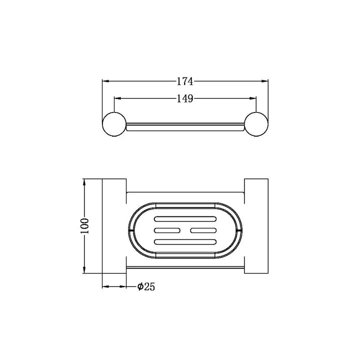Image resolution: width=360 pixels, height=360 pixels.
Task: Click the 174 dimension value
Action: point(185,81)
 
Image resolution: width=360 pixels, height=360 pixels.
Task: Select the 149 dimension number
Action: point(185,98)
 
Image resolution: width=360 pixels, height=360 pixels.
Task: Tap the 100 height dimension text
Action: point(84,226)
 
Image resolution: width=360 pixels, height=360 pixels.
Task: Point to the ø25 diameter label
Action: point(146,286)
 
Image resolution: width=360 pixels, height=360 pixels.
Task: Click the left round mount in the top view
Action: point(114,124)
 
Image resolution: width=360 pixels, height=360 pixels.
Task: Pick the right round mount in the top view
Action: point(256,124)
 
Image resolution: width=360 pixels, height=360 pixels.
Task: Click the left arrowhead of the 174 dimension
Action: point(105,81)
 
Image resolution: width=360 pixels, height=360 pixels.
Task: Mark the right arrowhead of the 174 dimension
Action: point(265,81)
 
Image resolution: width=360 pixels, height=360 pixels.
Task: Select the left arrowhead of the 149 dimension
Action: point(117,98)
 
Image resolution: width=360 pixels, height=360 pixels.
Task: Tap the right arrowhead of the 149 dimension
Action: point(253,98)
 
